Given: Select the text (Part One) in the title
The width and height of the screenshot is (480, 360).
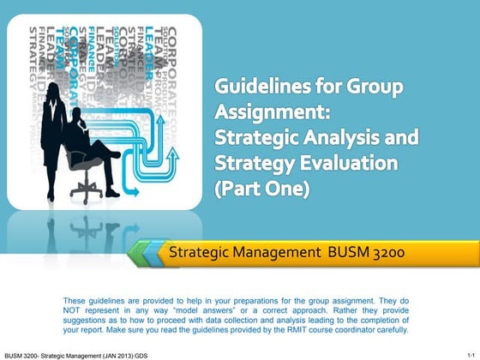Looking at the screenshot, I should tap(261, 188).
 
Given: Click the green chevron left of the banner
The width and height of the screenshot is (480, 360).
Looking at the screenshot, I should tap(142, 254).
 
